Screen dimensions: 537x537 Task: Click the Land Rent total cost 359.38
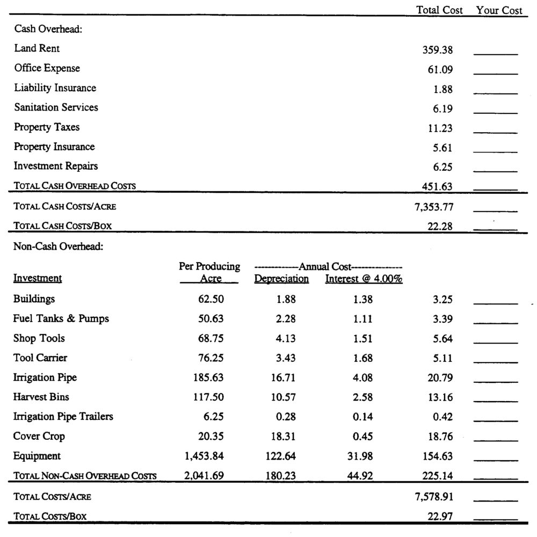(438, 50)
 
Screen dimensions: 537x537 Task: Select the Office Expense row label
(47, 68)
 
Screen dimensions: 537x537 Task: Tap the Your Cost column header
(499, 10)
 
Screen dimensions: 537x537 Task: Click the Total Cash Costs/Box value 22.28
(440, 227)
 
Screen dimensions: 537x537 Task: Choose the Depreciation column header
(281, 279)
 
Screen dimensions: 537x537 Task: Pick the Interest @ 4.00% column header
(364, 279)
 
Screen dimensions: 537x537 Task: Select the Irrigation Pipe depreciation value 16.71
(283, 378)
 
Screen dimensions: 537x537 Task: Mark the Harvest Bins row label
(41, 397)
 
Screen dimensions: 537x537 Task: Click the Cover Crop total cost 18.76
(440, 437)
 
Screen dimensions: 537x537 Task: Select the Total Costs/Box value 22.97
(440, 516)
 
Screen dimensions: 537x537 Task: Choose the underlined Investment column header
(38, 278)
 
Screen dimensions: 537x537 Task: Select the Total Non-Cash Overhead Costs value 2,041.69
(204, 475)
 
